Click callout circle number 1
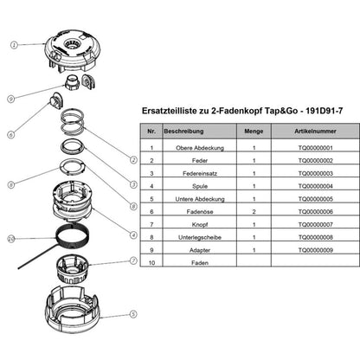coord(14,45)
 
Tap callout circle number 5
coord(133,314)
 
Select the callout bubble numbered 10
coord(11,239)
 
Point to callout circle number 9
coord(10,99)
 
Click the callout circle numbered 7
coord(133,260)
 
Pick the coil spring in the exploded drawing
coord(72,123)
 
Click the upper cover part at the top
coord(72,51)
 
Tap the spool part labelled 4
coord(73,202)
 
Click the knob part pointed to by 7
coord(72,268)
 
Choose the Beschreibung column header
coord(183,132)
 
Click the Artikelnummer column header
coord(315,132)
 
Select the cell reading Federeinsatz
coord(200,173)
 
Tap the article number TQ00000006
coord(316,212)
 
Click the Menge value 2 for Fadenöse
coord(254,212)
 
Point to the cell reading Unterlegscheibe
coord(200,237)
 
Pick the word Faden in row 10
coord(200,263)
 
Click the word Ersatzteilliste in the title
coord(170,111)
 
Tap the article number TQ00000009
coord(316,250)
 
